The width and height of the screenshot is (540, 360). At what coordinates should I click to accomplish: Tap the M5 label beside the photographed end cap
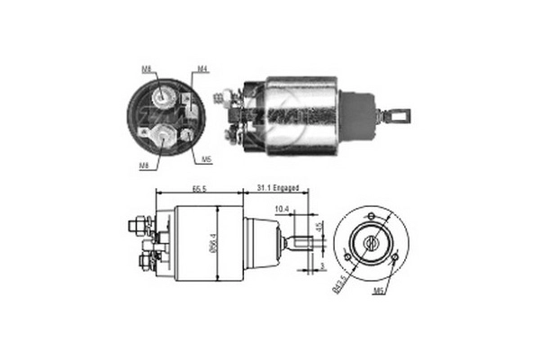tap(206, 159)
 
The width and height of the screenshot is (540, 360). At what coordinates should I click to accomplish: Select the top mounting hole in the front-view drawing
tap(370, 216)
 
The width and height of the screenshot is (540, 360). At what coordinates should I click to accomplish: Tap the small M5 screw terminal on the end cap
tap(186, 135)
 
